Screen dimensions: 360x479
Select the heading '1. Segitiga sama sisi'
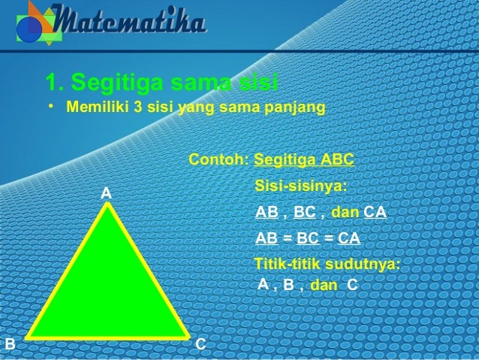pyautogui.click(x=161, y=80)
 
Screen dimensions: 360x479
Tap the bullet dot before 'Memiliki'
pyautogui.click(x=51, y=107)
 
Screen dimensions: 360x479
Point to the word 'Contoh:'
pyautogui.click(x=218, y=160)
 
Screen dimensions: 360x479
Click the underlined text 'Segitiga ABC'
pyautogui.click(x=305, y=160)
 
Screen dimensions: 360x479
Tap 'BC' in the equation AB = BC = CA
pyautogui.click(x=308, y=238)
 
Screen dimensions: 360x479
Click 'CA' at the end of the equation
pyautogui.click(x=349, y=238)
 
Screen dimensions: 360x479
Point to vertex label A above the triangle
pyautogui.click(x=107, y=194)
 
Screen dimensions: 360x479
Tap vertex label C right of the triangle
pyautogui.click(x=200, y=344)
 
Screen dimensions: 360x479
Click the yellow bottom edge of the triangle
pyautogui.click(x=107, y=335)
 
